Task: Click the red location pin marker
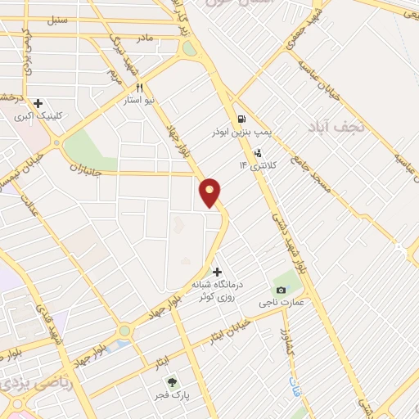tap(210, 191)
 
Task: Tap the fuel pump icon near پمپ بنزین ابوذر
tap(240, 118)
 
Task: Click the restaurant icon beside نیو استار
tap(141, 88)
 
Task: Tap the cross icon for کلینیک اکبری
tap(38, 103)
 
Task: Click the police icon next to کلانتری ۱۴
tap(258, 152)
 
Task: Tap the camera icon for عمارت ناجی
tap(282, 290)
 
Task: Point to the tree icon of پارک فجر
tap(172, 381)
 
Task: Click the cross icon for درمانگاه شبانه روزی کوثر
tap(217, 271)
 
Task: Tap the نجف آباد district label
tap(335, 128)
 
